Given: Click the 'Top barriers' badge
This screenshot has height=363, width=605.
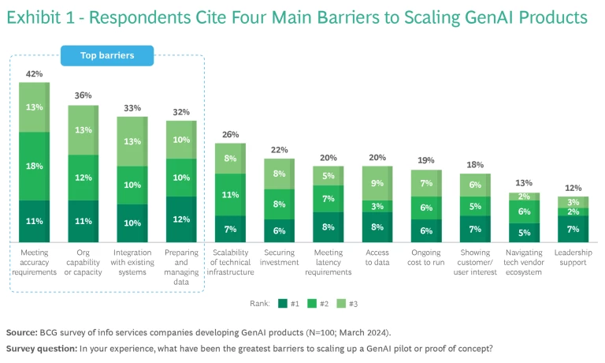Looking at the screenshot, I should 107,55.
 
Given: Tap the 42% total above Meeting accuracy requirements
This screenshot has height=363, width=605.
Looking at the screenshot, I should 34,74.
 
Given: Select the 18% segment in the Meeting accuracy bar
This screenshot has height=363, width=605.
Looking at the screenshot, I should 34,166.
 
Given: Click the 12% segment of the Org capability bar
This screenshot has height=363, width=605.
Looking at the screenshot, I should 83,178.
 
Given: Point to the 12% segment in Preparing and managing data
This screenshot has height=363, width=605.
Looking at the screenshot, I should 181,219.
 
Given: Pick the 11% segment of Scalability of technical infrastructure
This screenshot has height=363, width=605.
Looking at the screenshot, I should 231,194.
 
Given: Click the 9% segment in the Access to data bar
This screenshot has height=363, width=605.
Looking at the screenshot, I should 377,183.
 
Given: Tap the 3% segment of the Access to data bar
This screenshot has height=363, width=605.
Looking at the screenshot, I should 377,206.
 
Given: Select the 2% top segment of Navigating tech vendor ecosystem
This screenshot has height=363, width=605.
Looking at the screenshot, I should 525,196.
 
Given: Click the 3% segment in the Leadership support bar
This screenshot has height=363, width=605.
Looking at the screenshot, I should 573,202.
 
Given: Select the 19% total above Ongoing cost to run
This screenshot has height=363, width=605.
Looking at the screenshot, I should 426,160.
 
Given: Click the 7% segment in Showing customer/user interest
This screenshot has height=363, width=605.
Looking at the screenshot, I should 475,229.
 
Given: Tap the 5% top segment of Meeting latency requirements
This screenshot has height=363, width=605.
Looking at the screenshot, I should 328,176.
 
